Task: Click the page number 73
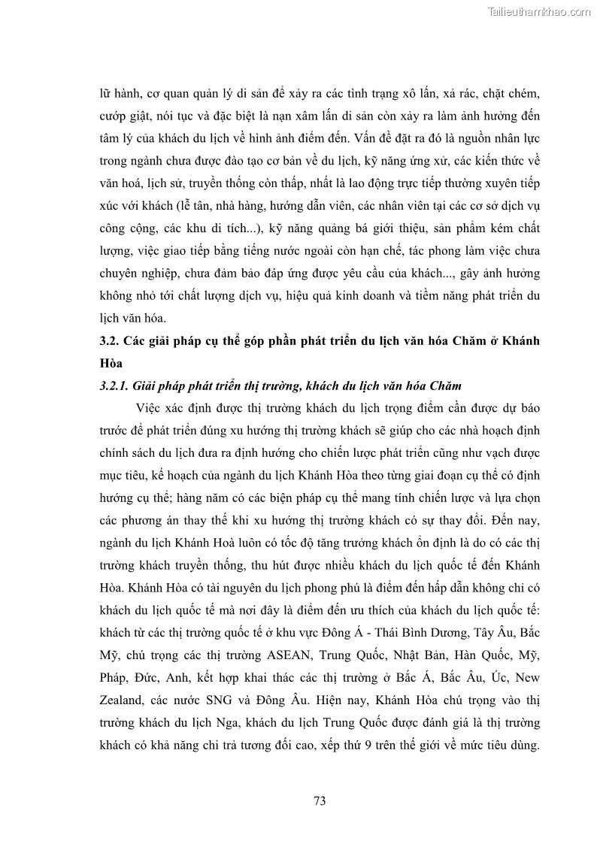320,800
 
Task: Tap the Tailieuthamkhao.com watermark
539,11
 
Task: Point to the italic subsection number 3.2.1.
115,386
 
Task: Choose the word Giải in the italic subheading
147,386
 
